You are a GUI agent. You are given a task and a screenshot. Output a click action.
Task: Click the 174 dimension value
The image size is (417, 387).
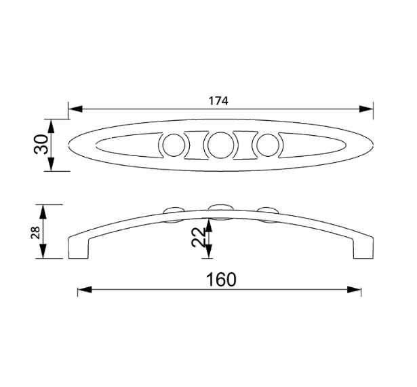coord(218,100)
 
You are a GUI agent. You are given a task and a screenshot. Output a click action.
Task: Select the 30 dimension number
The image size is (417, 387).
coord(41,145)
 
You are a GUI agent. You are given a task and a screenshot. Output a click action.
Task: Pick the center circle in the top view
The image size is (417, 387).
coord(220,145)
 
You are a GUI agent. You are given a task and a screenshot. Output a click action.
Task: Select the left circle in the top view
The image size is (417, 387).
coord(173,145)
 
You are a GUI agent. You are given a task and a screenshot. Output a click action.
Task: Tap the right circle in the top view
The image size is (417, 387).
coord(269,145)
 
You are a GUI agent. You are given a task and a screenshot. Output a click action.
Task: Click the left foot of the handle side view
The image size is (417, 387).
coord(78,249)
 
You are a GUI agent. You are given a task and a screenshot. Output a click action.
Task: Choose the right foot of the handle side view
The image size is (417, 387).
coord(361,249)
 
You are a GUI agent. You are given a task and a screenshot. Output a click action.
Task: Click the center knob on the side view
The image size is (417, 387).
coord(221,209)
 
